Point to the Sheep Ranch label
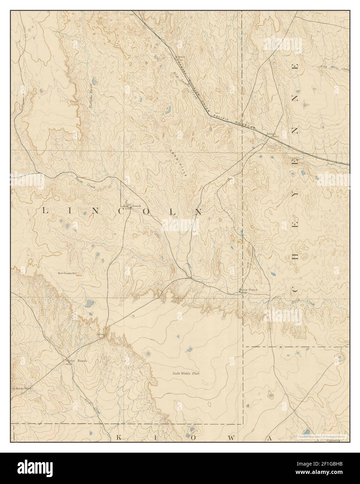(248, 290)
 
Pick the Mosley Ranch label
(76, 360)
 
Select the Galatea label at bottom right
(333, 440)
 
